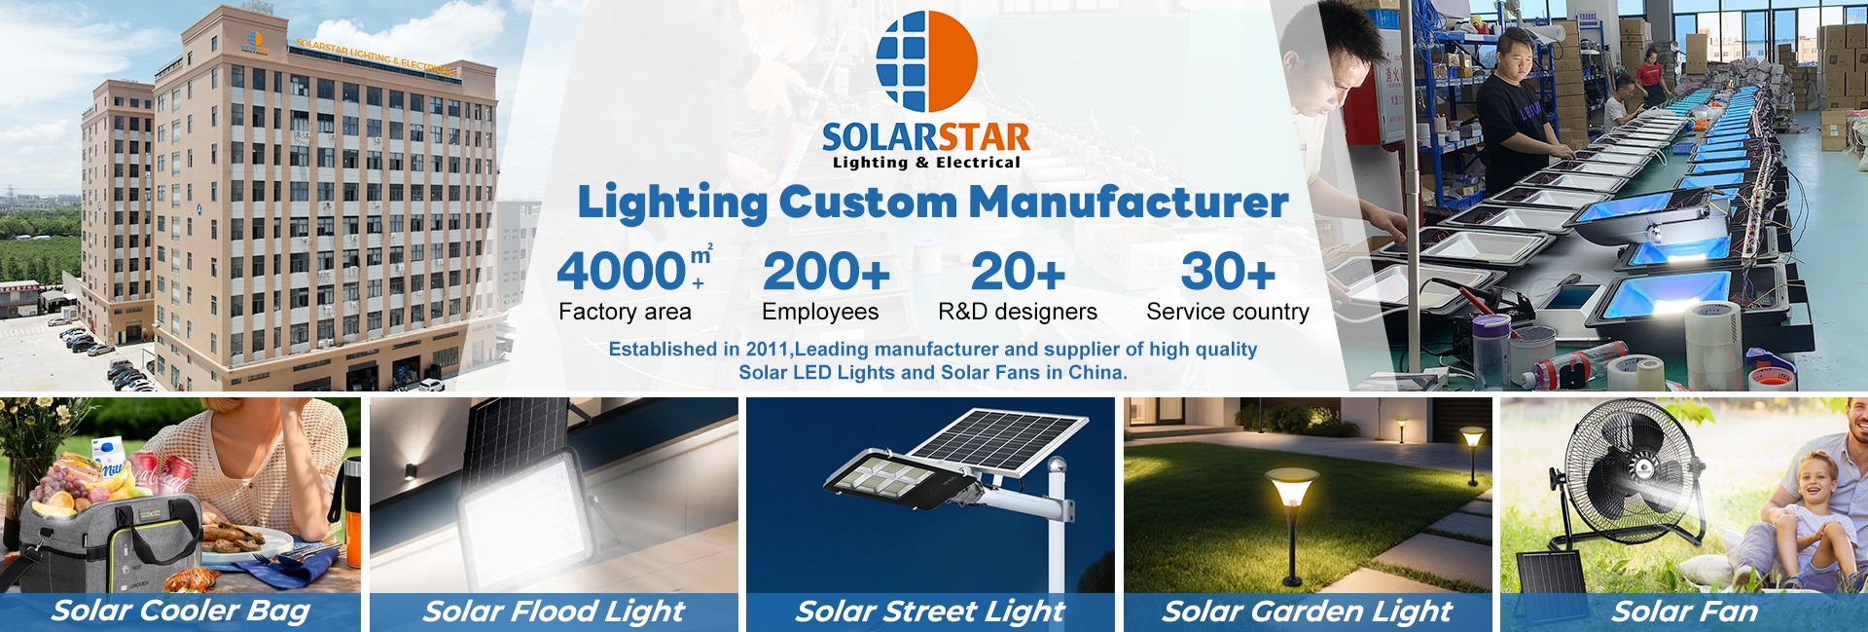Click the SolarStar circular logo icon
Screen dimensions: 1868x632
tap(926, 61)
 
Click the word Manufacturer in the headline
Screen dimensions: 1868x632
tap(1129, 203)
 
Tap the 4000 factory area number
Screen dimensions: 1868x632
tap(623, 271)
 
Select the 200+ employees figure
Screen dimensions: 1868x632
tap(826, 272)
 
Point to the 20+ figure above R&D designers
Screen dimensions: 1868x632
tap(1018, 272)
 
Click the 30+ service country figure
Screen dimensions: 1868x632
tap(1228, 272)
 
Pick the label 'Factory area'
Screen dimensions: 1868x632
tap(625, 312)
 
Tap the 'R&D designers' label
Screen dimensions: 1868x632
tap(1018, 312)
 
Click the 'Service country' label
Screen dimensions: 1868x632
tap(1228, 312)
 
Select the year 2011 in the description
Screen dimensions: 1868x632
tap(767, 349)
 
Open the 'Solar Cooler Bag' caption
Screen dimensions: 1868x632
tap(181, 611)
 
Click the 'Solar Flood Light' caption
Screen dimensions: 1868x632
tap(554, 612)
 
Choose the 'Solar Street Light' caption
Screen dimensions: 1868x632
tap(930, 612)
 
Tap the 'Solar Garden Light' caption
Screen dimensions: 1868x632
tap(1307, 612)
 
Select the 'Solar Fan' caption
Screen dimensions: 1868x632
tap(1684, 612)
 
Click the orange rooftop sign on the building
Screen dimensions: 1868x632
tap(374, 56)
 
